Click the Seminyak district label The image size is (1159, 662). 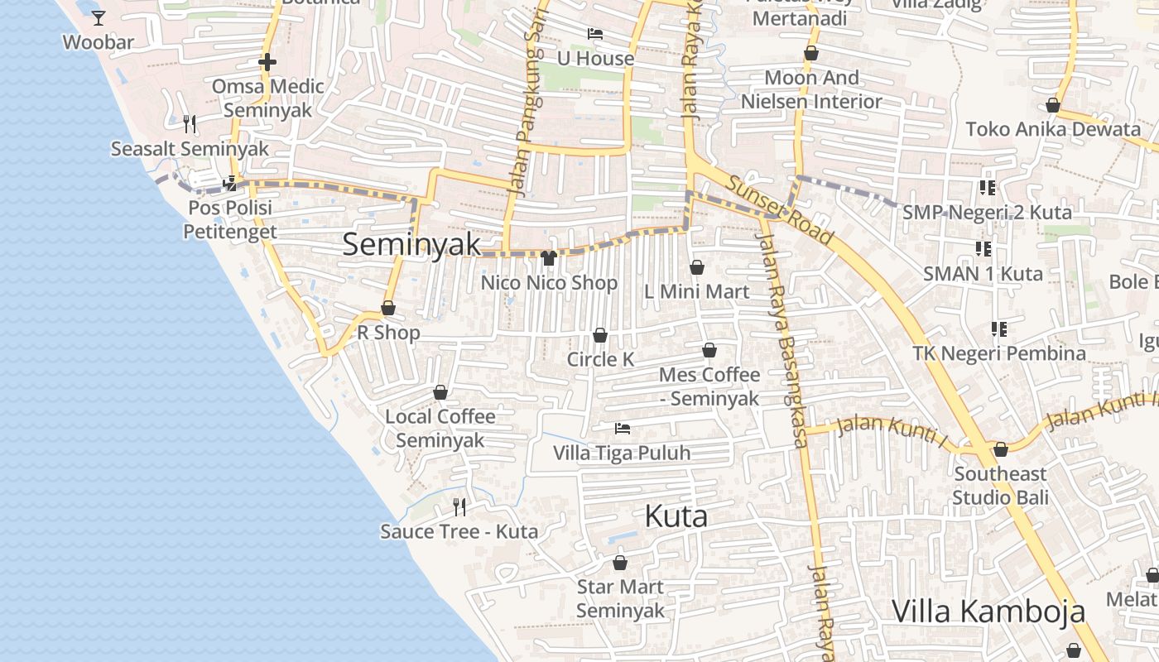(411, 244)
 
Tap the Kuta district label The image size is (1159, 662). (676, 517)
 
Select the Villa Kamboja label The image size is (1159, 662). (988, 612)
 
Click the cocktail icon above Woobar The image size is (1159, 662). (99, 17)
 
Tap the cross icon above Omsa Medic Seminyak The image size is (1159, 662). (267, 62)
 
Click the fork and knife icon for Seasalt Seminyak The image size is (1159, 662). (190, 124)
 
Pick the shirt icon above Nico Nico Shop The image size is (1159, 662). (548, 258)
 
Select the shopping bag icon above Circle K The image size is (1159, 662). (600, 335)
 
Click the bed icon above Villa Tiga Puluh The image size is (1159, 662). (623, 429)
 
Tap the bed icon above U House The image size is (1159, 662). (594, 34)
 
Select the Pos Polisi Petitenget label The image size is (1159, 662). (230, 219)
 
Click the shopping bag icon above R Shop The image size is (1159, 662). (388, 309)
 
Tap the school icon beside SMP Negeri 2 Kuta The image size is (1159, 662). (987, 188)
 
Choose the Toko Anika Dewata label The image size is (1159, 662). (1053, 129)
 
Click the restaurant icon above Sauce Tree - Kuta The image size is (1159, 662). (459, 506)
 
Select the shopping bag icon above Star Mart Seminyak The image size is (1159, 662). (620, 564)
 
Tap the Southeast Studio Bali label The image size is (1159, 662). (1000, 486)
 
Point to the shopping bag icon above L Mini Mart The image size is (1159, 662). (697, 267)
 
